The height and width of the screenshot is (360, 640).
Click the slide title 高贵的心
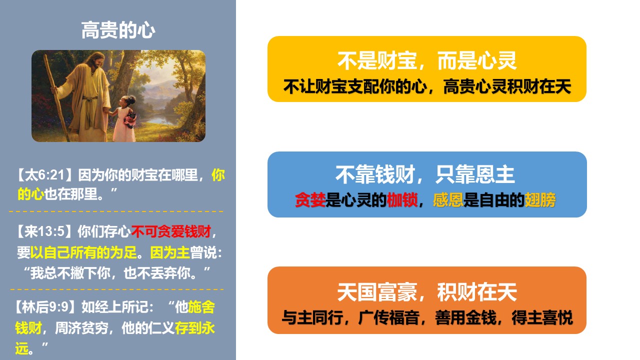coord(118,30)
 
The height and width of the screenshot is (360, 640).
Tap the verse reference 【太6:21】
coord(45,175)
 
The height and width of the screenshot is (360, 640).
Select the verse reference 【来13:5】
coord(45,231)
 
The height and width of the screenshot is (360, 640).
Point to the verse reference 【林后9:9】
coord(46,307)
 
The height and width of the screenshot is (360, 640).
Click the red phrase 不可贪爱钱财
coord(171,231)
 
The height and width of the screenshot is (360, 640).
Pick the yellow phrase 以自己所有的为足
coord(83,252)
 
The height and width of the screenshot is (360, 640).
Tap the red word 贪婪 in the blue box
coord(310,199)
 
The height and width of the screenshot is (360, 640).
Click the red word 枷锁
coord(402,199)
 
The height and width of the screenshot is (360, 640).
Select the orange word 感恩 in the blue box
coord(448,199)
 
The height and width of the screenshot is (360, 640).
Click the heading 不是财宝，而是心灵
coord(427,60)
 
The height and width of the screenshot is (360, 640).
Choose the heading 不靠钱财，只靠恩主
coord(425,174)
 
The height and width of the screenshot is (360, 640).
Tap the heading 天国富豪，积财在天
coord(427,291)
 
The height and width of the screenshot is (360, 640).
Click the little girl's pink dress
coord(123,125)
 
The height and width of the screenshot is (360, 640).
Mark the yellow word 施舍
coord(201,307)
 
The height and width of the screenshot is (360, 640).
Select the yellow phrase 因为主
coord(170,252)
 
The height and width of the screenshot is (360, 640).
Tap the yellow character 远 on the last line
coord(21,348)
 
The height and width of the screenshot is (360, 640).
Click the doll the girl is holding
coord(131,119)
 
